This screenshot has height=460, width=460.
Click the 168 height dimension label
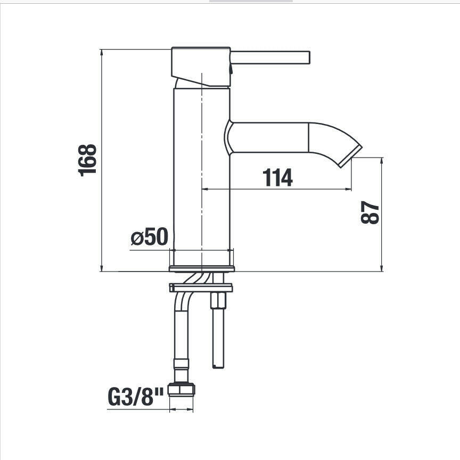pyautogui.click(x=87, y=160)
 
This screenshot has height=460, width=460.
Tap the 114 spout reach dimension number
pyautogui.click(x=277, y=177)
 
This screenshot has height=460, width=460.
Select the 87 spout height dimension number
pyautogui.click(x=370, y=212)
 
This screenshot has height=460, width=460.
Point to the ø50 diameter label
pyautogui.click(x=150, y=236)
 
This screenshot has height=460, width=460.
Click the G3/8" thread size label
pyautogui.click(x=136, y=397)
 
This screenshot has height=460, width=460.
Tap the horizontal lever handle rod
pyautogui.click(x=270, y=57)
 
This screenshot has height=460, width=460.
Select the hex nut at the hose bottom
pyautogui.click(x=182, y=389)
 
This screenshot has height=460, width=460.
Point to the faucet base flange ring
pyautogui.click(x=202, y=268)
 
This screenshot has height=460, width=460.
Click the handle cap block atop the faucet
pyautogui.click(x=201, y=67)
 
